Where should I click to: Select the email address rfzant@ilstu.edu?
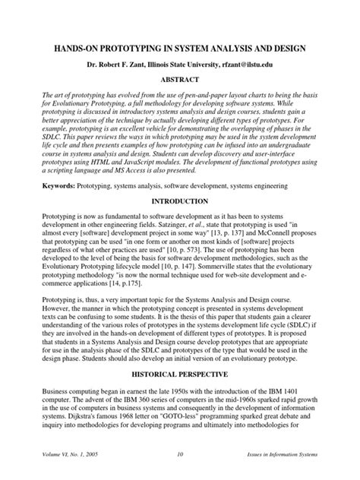[x=260, y=66]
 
